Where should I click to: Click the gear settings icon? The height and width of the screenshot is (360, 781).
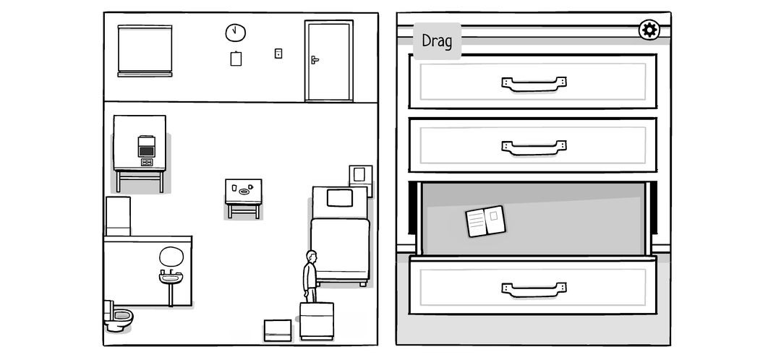(649, 30)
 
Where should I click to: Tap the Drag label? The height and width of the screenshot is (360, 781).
(437, 42)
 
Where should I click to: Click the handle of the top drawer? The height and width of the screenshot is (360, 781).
(533, 84)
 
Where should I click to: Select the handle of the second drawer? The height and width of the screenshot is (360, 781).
(533, 147)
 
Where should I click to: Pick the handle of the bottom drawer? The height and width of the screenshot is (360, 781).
(533, 289)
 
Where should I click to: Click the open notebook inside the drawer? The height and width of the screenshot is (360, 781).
(485, 220)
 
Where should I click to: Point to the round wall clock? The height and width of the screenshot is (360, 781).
(235, 33)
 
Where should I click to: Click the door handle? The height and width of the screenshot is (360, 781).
(315, 59)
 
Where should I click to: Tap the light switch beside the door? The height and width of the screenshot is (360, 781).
(278, 53)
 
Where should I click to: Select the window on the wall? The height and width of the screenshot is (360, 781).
(145, 50)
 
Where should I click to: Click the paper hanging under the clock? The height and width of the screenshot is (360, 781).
(235, 59)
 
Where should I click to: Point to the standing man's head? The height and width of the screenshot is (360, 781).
(311, 257)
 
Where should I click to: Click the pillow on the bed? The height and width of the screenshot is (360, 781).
(338, 197)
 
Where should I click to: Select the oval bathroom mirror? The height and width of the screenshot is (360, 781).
(171, 256)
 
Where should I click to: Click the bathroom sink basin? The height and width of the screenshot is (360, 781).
(171, 278)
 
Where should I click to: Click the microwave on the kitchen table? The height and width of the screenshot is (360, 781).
(147, 147)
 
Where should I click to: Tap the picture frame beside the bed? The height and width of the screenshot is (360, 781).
(359, 176)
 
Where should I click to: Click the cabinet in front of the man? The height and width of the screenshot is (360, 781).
(316, 320)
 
